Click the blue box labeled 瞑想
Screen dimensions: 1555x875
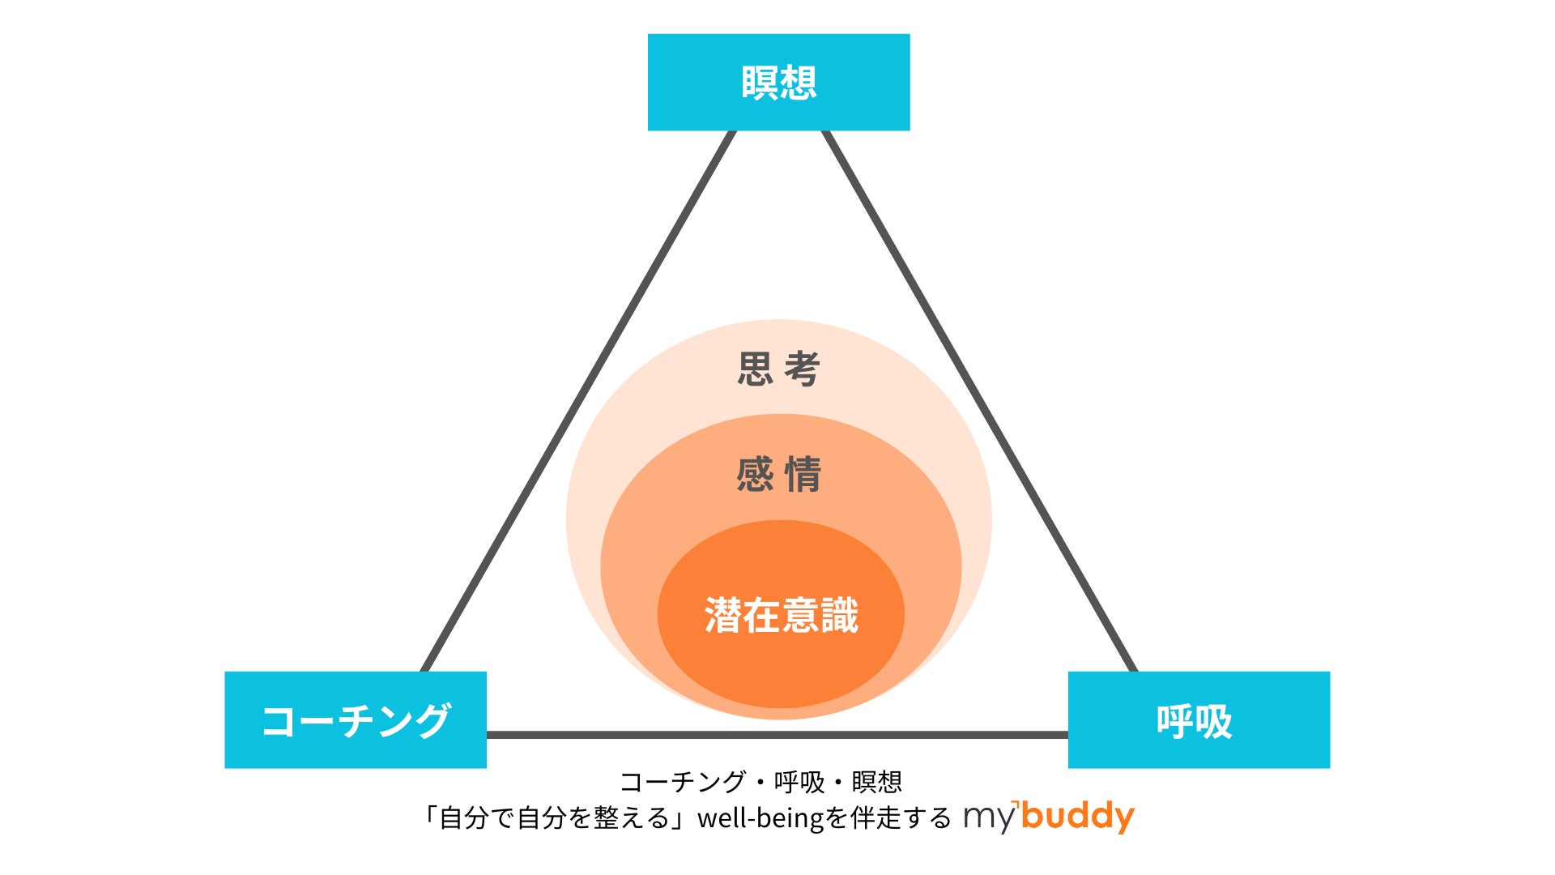coord(778,82)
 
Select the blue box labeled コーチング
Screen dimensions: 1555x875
coord(356,719)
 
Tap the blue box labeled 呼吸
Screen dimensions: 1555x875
coord(1199,719)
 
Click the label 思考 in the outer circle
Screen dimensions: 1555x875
coord(778,369)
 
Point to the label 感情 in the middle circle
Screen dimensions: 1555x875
coord(778,474)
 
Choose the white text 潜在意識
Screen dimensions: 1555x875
coord(781,615)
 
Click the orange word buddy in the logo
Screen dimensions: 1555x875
coord(1078,817)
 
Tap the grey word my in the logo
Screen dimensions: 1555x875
coord(989,818)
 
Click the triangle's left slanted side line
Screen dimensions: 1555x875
coord(578,401)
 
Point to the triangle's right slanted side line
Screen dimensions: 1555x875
coord(980,401)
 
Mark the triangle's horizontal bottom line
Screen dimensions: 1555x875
coord(777,735)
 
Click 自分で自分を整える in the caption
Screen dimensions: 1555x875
coord(554,818)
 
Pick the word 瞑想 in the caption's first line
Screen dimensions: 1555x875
coord(876,782)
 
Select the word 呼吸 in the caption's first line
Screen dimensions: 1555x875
coord(799,782)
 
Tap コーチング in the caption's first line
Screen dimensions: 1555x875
coord(682,782)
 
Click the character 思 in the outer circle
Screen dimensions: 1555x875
coord(755,369)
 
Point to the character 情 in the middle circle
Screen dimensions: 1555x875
coord(803,474)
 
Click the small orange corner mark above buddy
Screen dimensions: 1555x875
coord(1016,805)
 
